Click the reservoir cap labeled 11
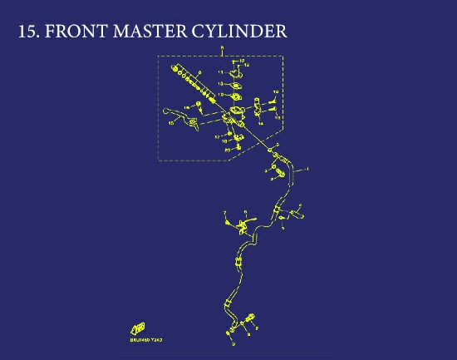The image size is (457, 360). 233,72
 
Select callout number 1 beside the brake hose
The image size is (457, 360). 308,169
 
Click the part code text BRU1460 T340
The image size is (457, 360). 145,340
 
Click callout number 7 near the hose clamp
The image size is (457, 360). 224,213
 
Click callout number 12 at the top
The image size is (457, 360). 247,64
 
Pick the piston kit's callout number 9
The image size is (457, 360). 200,73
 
